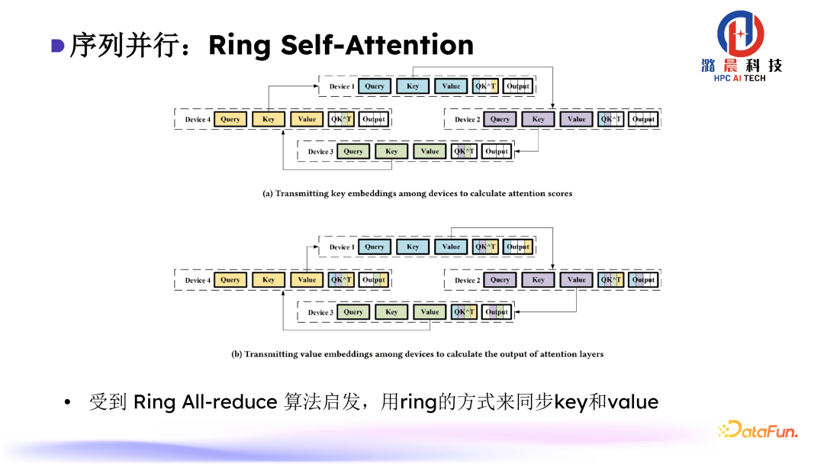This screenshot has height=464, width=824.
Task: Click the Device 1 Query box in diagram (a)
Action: coord(375,86)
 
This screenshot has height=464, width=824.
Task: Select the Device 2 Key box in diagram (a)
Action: coord(539,119)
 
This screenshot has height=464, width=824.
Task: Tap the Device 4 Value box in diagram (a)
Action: coord(307,119)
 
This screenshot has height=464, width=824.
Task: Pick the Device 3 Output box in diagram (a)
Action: coord(497,151)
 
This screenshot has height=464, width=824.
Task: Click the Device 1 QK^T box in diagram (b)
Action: coord(486,246)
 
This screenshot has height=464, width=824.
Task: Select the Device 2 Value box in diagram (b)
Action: coord(577,280)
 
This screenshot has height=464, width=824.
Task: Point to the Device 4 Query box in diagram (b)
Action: coord(230,280)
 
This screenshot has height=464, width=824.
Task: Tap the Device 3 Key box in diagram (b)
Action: coord(391,312)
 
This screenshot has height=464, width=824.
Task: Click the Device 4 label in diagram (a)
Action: coord(196,120)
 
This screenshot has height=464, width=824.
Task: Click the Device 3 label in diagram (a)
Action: coord(320,152)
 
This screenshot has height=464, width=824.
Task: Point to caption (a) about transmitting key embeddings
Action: coord(417,194)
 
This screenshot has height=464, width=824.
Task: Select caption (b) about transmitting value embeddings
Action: coord(417,354)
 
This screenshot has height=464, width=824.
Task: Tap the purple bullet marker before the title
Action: coord(57,45)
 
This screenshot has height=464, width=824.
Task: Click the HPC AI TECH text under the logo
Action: coord(739,78)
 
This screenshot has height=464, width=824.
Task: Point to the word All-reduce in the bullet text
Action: coord(229,402)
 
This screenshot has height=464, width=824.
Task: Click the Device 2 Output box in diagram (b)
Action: coord(643,280)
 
